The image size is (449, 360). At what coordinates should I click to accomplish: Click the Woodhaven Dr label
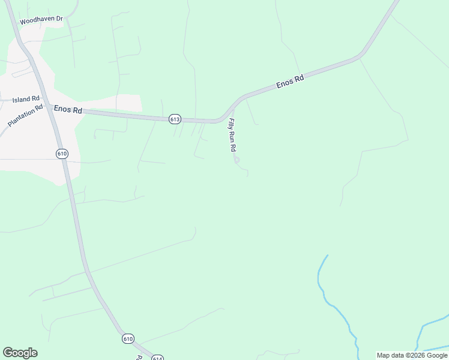click(x=41, y=20)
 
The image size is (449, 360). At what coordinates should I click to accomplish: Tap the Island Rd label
click(x=26, y=98)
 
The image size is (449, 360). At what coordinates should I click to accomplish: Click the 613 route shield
click(x=175, y=119)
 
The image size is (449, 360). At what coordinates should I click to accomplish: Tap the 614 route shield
click(x=157, y=358)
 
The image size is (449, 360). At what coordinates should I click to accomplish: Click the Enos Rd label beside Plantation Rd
click(x=67, y=109)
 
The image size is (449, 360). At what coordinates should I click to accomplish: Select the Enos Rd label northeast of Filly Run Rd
click(x=291, y=82)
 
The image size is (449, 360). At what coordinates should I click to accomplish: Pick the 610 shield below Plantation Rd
click(x=62, y=154)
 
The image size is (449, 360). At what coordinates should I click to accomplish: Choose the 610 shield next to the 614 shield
click(x=128, y=339)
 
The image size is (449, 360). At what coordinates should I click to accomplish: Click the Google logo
click(x=20, y=353)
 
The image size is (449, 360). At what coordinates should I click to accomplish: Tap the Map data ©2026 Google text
click(x=412, y=355)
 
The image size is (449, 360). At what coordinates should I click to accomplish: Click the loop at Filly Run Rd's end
click(x=237, y=160)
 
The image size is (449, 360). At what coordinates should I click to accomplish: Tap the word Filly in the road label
click(x=231, y=123)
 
